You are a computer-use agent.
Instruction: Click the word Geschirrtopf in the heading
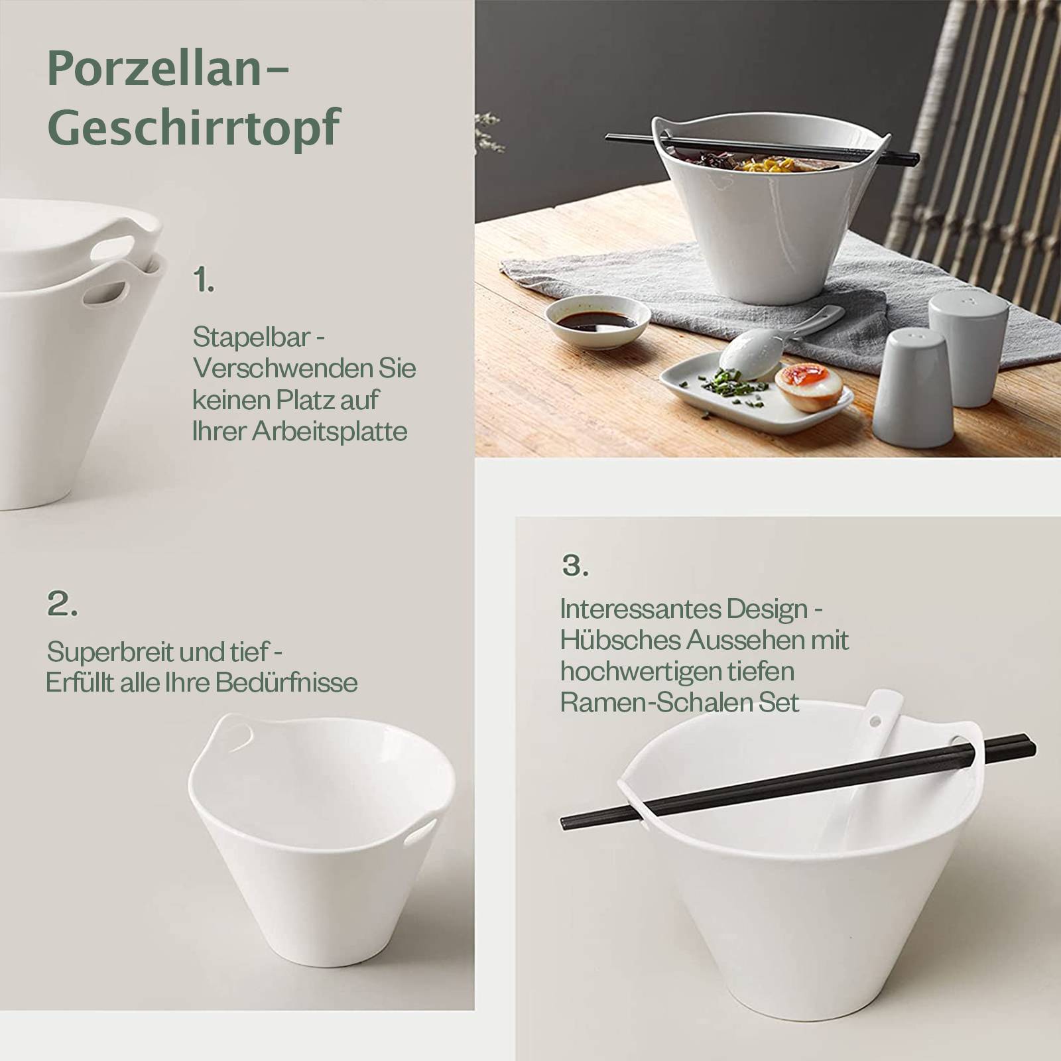point(194,127)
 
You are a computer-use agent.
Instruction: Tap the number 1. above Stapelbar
point(204,281)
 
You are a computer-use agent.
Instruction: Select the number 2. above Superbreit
point(62,604)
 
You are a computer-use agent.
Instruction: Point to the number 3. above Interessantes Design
point(575,565)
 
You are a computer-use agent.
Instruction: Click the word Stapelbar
point(251,338)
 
